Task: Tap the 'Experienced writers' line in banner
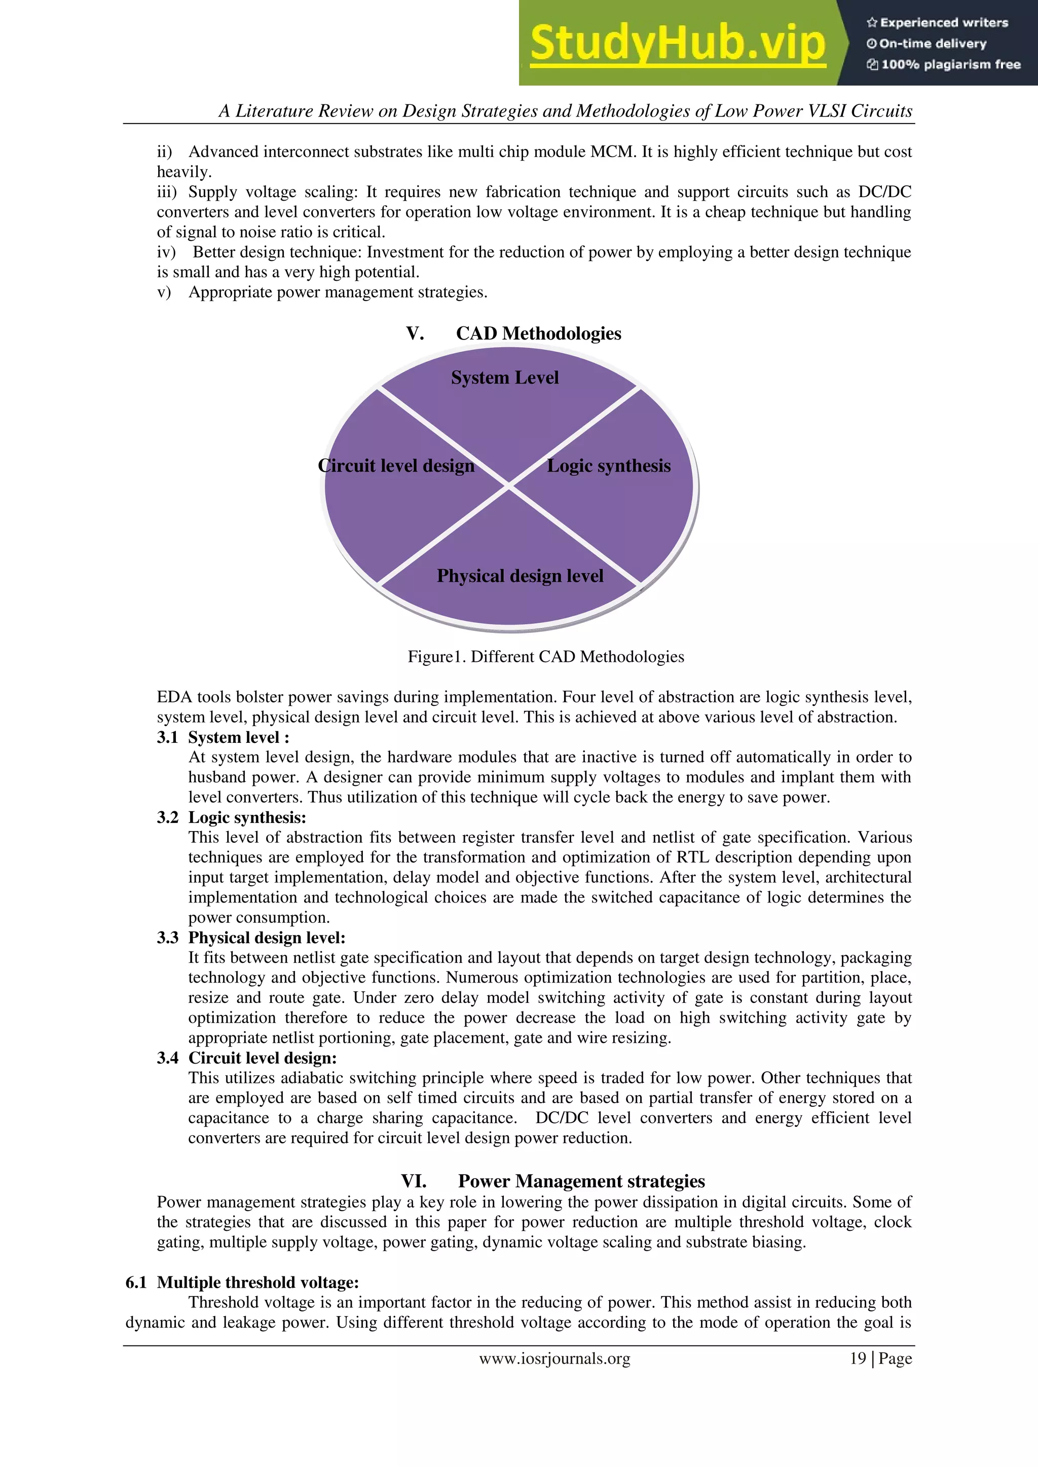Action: [938, 22]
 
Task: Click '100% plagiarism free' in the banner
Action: [944, 64]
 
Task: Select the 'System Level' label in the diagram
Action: [504, 378]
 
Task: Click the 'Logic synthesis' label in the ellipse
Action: [609, 466]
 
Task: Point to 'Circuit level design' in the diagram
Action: [396, 466]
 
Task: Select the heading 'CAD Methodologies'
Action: [538, 333]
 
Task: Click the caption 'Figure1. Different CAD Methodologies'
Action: [546, 657]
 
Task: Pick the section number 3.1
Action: [167, 737]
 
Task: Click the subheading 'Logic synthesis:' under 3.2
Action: [247, 817]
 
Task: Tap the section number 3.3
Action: [167, 937]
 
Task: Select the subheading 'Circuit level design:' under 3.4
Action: [262, 1058]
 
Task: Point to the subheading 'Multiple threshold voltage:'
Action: [257, 1283]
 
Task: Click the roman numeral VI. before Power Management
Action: [414, 1181]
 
